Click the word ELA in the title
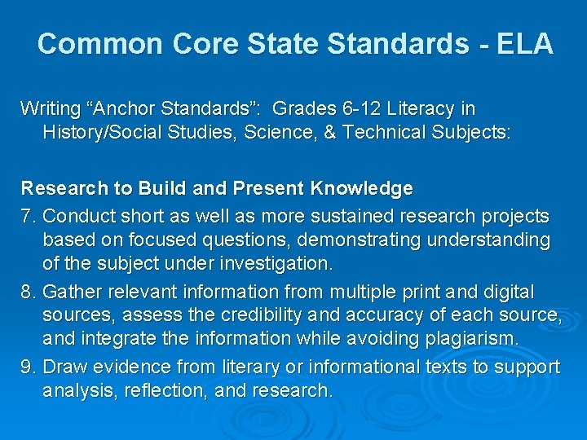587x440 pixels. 523,44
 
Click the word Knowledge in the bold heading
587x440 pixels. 361,189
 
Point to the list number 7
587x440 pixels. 27,216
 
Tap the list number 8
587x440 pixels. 27,292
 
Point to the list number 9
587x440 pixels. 27,367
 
